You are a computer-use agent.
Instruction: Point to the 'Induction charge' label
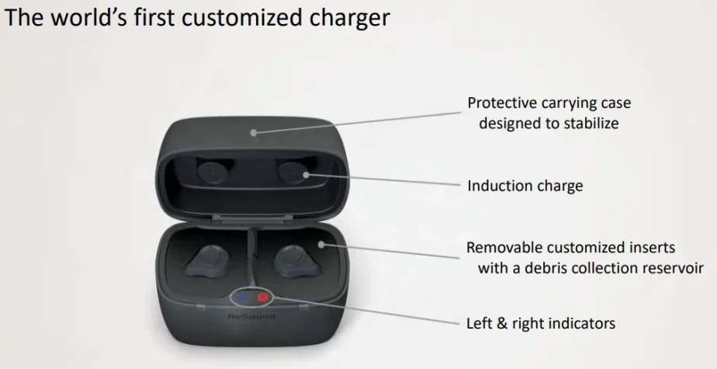pyautogui.click(x=525, y=186)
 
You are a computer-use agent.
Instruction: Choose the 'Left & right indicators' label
pyautogui.click(x=541, y=323)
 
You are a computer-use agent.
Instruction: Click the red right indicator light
pyautogui.click(x=262, y=298)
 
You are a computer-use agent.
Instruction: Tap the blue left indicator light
pyautogui.click(x=241, y=298)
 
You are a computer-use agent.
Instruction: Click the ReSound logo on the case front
pyautogui.click(x=251, y=317)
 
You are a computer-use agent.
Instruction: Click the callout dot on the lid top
pyautogui.click(x=253, y=133)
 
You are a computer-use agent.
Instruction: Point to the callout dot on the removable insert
pyautogui.click(x=321, y=245)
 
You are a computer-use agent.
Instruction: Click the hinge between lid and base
pyautogui.click(x=251, y=221)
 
